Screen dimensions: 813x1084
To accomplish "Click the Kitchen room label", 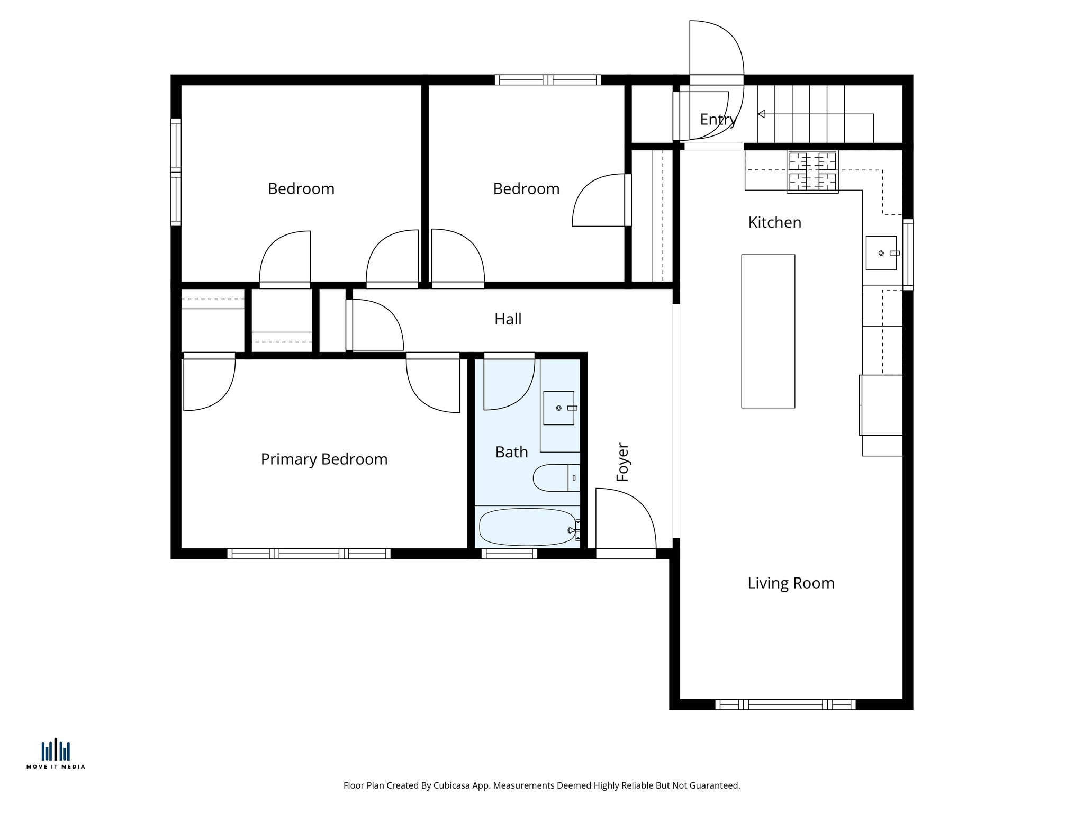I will [774, 222].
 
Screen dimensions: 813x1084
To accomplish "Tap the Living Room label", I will [791, 583].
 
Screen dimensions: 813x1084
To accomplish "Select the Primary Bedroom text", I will [324, 459].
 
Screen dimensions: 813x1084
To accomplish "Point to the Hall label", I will [508, 319].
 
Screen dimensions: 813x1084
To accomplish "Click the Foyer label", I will [622, 462].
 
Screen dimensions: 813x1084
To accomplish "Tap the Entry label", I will [717, 120].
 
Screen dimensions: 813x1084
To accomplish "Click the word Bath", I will [511, 452].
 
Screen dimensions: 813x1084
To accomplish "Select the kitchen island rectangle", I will [767, 331].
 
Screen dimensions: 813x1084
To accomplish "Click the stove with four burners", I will [812, 171].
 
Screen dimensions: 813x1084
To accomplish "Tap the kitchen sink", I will [881, 253].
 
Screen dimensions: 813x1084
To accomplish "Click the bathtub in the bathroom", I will [527, 527].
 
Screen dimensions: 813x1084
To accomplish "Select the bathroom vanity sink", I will [558, 408].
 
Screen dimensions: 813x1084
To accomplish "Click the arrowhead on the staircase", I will [761, 114].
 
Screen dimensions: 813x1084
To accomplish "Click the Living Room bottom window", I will [785, 704].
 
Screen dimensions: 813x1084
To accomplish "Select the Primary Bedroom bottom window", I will [309, 554].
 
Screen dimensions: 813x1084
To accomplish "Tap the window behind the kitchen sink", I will [907, 254].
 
